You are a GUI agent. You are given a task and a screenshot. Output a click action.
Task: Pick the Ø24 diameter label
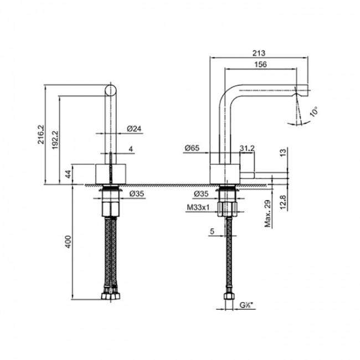(135, 128)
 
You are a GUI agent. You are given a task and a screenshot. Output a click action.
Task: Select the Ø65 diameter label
(192, 148)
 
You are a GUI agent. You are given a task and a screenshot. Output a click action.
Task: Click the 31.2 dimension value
(247, 148)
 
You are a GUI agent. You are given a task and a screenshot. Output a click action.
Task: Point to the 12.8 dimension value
(284, 197)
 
